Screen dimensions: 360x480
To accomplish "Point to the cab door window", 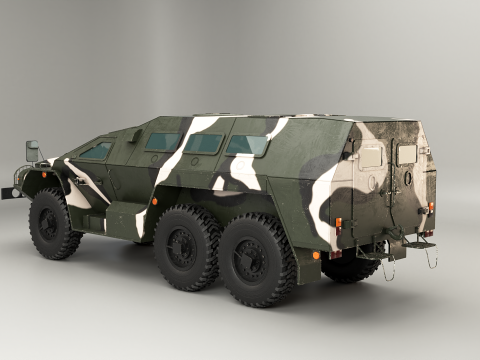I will tap(97, 151).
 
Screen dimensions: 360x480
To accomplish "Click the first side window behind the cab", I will tap(161, 143).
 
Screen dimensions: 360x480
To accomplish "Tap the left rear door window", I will tap(371, 158).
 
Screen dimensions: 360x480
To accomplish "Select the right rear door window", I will tap(407, 155).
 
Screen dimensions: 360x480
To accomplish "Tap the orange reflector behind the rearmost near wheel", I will tap(316, 255).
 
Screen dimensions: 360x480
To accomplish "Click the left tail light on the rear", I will tap(338, 223).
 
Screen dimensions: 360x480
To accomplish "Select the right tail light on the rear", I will tap(431, 208).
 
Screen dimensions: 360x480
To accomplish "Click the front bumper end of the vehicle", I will tap(12, 191).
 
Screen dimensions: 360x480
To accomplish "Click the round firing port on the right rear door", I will tap(407, 179).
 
